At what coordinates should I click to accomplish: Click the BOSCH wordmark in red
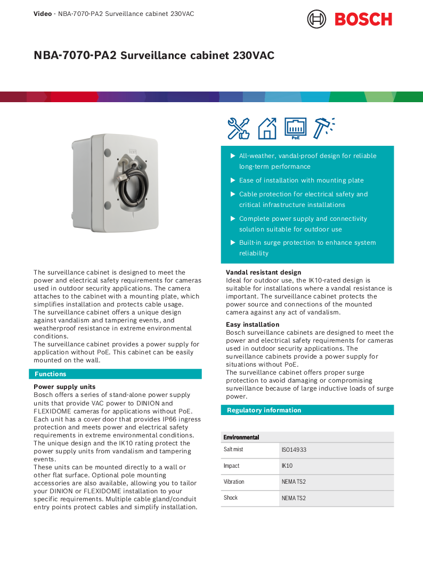(x=363, y=20)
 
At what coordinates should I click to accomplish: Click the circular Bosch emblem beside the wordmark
(x=316, y=19)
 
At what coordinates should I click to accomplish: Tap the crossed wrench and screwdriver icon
(x=238, y=128)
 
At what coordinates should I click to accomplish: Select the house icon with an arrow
(x=267, y=128)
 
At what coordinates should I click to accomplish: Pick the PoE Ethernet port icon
(x=295, y=128)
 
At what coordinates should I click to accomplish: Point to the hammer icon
(x=323, y=128)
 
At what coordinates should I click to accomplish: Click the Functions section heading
(x=50, y=374)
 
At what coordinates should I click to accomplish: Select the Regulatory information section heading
(x=264, y=410)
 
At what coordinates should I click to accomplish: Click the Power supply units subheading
(x=64, y=387)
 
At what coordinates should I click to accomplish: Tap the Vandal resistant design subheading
(x=263, y=272)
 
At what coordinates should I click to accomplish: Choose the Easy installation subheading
(x=253, y=325)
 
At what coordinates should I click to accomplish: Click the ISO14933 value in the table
(x=294, y=450)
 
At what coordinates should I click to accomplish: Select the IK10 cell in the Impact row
(x=287, y=466)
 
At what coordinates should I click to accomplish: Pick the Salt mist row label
(x=233, y=450)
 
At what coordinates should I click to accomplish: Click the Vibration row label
(x=234, y=482)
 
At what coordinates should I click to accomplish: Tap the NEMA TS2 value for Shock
(x=294, y=498)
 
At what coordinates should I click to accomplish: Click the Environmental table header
(x=241, y=437)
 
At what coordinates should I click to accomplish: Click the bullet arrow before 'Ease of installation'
(x=233, y=180)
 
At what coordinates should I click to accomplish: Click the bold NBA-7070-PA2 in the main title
(x=75, y=55)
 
